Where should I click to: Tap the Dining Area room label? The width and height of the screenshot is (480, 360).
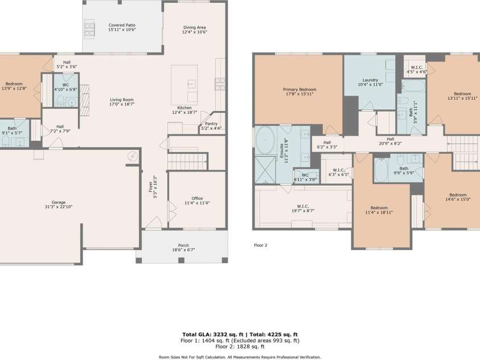tap(194, 30)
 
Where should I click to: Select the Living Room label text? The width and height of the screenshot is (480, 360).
tap(121, 102)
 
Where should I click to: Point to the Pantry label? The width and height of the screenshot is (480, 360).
tap(211, 126)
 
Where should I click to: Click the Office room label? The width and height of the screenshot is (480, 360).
tap(197, 201)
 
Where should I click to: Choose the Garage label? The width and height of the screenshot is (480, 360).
tap(59, 204)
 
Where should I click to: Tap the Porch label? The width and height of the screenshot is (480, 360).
tap(183, 247)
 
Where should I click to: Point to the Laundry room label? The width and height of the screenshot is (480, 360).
tap(370, 83)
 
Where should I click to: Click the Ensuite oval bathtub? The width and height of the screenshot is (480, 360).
tap(265, 140)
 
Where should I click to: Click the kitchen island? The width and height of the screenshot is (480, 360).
tap(184, 85)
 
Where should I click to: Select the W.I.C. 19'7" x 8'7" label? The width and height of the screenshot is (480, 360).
tap(302, 208)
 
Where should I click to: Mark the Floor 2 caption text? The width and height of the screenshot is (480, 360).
tap(260, 245)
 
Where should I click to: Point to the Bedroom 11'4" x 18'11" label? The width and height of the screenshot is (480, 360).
tap(379, 210)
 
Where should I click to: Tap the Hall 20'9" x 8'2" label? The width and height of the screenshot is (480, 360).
tap(390, 141)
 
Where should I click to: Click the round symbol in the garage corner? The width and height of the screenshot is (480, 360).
tap(133, 155)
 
